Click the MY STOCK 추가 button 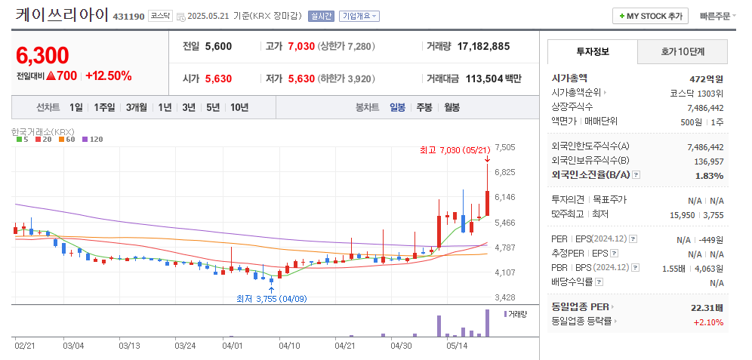click(x=650, y=16)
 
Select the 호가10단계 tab click(x=683, y=51)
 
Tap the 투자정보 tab click(x=593, y=51)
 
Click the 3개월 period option click(x=137, y=107)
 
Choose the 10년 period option click(x=239, y=107)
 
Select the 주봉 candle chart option click(x=424, y=107)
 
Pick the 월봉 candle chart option click(x=452, y=107)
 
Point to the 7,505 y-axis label click(x=504, y=147)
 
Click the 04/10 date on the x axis click(x=290, y=346)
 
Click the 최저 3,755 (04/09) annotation click(x=270, y=299)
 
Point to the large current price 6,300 click(x=42, y=55)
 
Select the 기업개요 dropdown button click(x=359, y=16)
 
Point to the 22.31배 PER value click(x=707, y=307)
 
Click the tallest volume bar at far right click(x=488, y=323)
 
